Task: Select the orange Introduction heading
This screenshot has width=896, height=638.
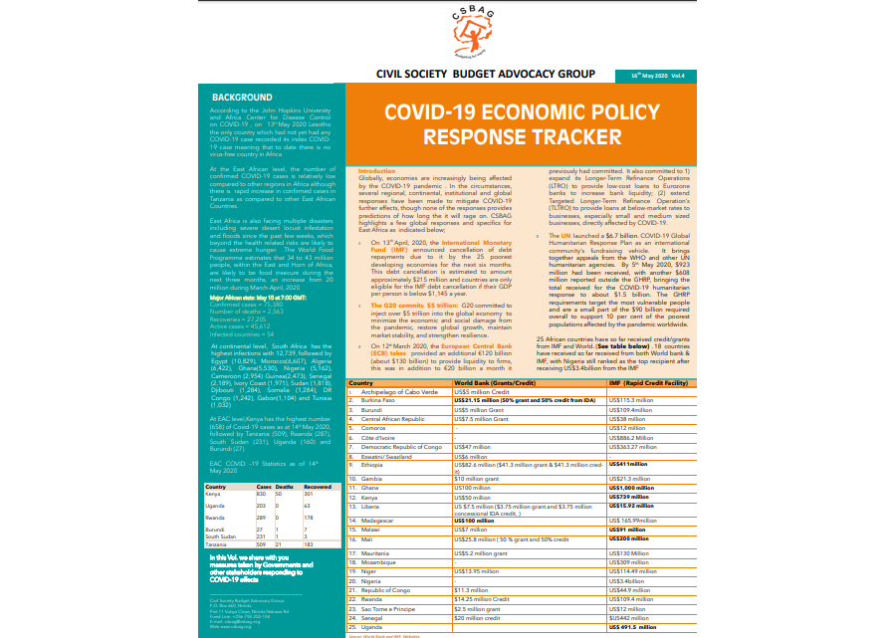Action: [376, 172]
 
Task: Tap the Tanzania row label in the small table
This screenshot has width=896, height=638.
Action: [218, 573]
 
